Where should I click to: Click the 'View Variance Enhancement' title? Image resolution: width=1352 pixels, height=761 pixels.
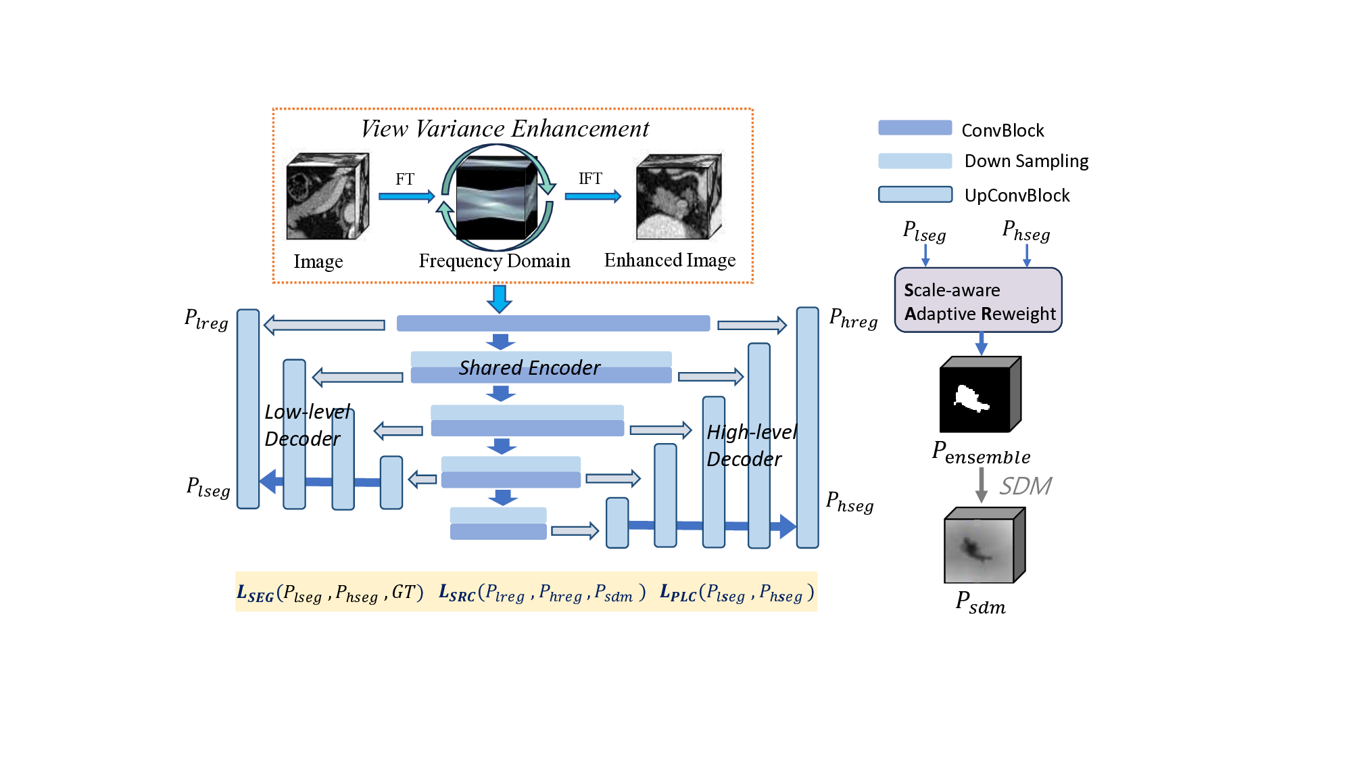[x=504, y=129]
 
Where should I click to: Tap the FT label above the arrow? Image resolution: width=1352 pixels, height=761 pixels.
[x=405, y=179]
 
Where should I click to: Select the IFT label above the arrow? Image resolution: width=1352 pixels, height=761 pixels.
[x=590, y=179]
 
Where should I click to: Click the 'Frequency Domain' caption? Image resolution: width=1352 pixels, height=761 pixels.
[x=494, y=261]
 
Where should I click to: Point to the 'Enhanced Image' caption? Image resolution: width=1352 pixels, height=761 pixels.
[x=669, y=260]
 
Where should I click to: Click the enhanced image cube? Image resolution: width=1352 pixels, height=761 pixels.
[x=679, y=196]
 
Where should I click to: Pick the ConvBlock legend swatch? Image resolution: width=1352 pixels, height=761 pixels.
[x=915, y=128]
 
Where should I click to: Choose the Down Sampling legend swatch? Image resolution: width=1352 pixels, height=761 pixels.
[x=915, y=161]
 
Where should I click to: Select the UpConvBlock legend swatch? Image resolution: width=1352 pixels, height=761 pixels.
[x=915, y=195]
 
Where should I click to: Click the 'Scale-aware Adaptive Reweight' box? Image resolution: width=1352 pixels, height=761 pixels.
[x=978, y=300]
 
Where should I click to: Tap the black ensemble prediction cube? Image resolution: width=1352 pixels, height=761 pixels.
[x=980, y=395]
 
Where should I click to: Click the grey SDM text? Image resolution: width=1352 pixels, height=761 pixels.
[x=1025, y=486]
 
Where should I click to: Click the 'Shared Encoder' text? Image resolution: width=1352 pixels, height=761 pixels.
[x=529, y=368]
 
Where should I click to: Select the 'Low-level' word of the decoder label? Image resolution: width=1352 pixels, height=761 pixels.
[x=308, y=412]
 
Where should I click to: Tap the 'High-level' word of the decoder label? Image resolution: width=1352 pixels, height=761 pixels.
[x=752, y=432]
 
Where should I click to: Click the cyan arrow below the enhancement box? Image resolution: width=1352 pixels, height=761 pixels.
[x=499, y=298]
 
